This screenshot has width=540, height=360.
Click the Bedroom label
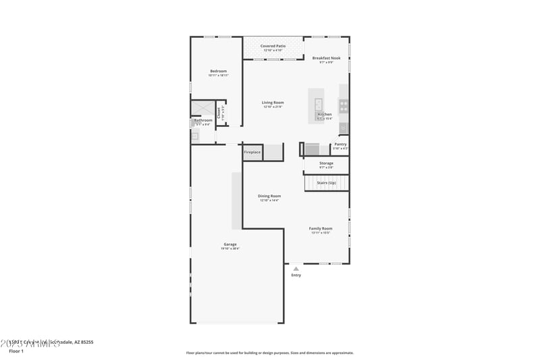(x=218, y=71)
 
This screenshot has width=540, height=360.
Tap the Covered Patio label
(x=273, y=46)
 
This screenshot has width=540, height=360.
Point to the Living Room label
(x=273, y=103)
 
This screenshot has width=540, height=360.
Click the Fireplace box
(x=252, y=153)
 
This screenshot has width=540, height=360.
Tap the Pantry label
(x=340, y=144)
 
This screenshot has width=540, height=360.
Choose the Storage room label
(x=326, y=163)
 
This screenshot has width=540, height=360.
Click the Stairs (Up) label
(x=326, y=182)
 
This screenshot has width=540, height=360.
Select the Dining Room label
(x=269, y=196)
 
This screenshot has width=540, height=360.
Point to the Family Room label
(x=321, y=228)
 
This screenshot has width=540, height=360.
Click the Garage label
(x=230, y=244)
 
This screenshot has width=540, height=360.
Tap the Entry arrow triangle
(x=296, y=269)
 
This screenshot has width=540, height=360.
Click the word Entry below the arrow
(x=296, y=275)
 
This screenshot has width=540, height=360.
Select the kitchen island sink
(x=319, y=103)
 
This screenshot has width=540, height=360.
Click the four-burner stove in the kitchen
(x=344, y=105)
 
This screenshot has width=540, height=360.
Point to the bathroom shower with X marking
(x=202, y=109)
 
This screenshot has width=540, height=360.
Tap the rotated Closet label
(x=219, y=113)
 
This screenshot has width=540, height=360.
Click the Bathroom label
(x=203, y=120)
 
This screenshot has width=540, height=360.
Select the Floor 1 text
(x=16, y=351)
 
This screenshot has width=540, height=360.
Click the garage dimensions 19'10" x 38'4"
(x=230, y=249)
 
